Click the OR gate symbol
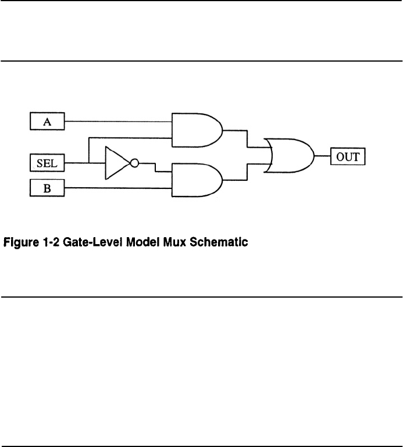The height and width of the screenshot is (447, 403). pos(289,156)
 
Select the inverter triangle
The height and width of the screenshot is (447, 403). pos(116,163)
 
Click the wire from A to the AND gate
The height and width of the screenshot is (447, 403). pos(116,121)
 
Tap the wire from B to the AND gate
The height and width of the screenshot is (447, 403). pos(116,188)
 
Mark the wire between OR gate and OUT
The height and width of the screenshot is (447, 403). pos(323,156)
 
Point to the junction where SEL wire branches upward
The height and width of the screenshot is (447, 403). pos(88,163)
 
